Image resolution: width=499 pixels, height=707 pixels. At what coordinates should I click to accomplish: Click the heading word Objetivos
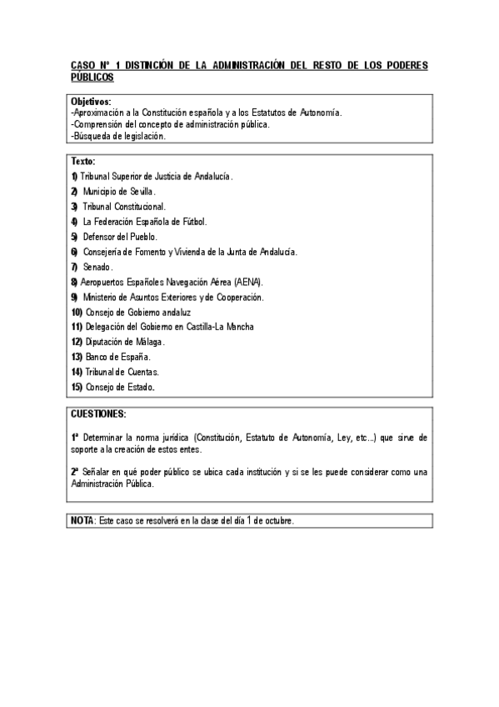(x=91, y=102)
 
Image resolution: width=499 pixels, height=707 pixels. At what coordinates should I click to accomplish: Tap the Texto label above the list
(x=82, y=161)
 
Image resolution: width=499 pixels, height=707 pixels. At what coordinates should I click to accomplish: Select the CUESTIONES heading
(x=98, y=414)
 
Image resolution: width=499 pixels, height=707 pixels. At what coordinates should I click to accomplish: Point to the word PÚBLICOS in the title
(x=92, y=76)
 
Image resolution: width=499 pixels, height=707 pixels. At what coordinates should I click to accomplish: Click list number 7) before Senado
(x=74, y=267)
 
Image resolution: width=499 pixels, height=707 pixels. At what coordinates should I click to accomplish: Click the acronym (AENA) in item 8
(x=248, y=282)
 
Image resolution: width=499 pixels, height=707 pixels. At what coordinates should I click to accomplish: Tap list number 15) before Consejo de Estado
(x=76, y=387)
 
